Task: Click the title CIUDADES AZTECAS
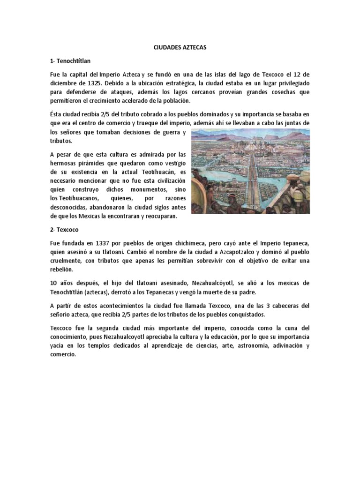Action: click(x=180, y=47)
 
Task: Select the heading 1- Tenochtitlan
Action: click(x=73, y=61)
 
